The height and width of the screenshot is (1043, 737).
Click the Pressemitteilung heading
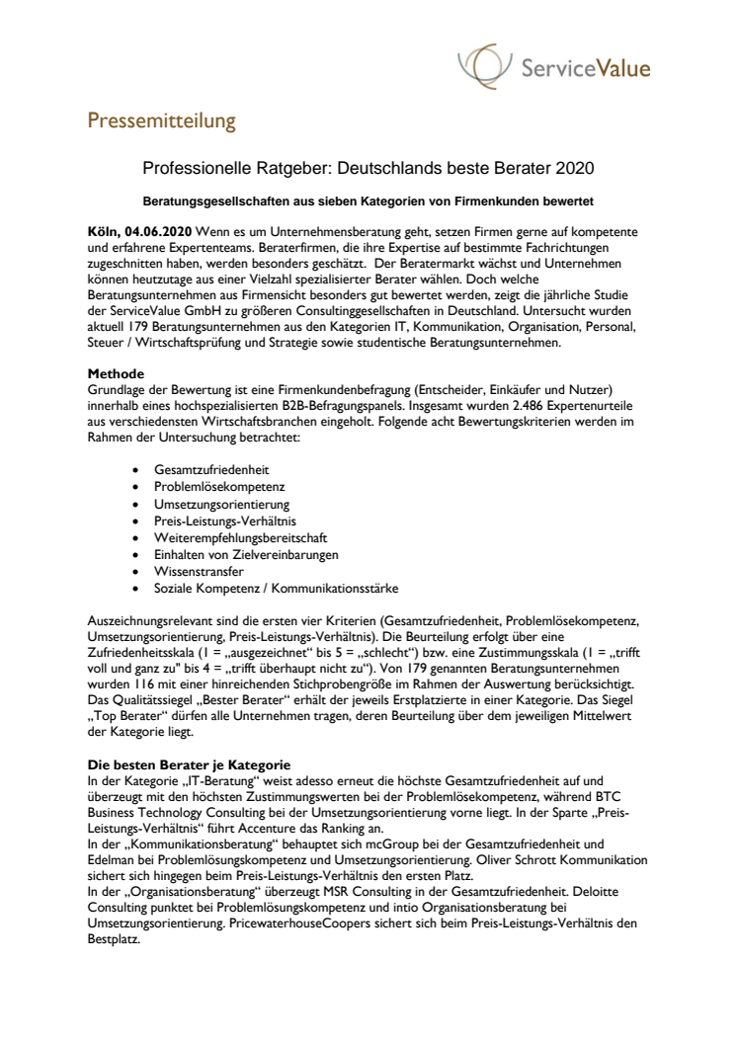[x=162, y=121]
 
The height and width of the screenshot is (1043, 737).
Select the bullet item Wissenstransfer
[x=199, y=571]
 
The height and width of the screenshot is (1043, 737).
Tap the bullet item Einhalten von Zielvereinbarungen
[x=246, y=554]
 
